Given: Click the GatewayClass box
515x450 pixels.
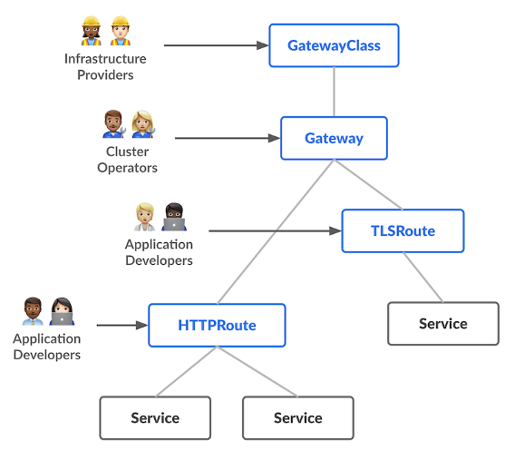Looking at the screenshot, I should tap(334, 45).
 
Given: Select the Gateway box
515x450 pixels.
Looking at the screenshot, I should tap(334, 139).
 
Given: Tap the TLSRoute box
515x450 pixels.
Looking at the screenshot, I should tap(403, 231).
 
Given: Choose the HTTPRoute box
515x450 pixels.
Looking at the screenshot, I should tap(217, 325).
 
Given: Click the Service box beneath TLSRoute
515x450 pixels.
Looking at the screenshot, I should tap(442, 324).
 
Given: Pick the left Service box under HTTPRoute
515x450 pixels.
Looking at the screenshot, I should tap(155, 418).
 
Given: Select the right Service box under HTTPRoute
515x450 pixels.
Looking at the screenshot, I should tap(297, 418).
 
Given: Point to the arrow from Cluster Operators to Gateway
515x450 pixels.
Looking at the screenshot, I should tap(227, 139).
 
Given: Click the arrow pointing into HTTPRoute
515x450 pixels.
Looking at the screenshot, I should tap(122, 325).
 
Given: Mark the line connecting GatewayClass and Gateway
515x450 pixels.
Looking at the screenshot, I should tap(334, 92).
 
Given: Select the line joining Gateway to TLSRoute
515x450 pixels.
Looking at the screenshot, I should tap(367, 184).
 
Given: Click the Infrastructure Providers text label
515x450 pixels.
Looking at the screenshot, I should tap(105, 67).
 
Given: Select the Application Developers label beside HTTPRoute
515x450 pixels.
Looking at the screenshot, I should tap(46, 347).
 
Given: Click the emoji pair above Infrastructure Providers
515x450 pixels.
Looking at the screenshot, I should tap(105, 31).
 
